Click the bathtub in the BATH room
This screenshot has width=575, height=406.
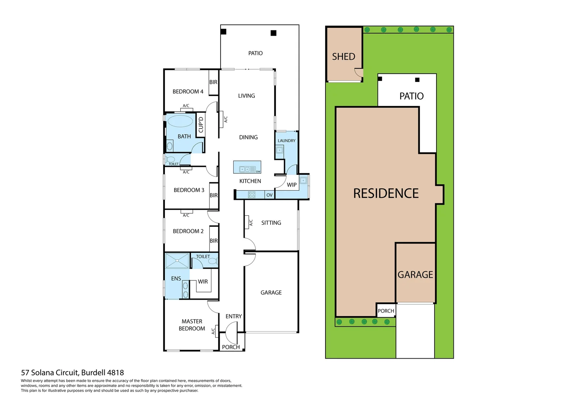(180, 121)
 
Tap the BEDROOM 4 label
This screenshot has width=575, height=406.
(188, 92)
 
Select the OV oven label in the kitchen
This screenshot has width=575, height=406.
(269, 195)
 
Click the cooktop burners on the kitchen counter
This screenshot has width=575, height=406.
(252, 195)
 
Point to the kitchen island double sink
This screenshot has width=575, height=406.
(245, 169)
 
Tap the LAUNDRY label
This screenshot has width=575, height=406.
(286, 141)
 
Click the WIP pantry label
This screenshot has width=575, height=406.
(292, 185)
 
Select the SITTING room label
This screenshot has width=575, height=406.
(271, 223)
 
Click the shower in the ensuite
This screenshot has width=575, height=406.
(177, 261)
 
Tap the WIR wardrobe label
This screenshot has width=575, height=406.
(203, 282)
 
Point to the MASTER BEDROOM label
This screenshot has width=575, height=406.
(192, 325)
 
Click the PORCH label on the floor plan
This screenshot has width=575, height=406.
(231, 347)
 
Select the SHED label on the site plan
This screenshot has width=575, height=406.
(343, 57)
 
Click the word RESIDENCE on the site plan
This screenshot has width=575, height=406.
(386, 194)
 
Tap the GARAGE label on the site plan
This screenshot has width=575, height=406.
(415, 275)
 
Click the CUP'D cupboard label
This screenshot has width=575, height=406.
(201, 124)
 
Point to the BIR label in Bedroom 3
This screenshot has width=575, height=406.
(214, 195)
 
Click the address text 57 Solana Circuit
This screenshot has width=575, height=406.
(72, 373)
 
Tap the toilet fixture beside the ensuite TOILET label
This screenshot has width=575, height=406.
(213, 261)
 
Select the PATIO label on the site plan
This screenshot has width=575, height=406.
(411, 96)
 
